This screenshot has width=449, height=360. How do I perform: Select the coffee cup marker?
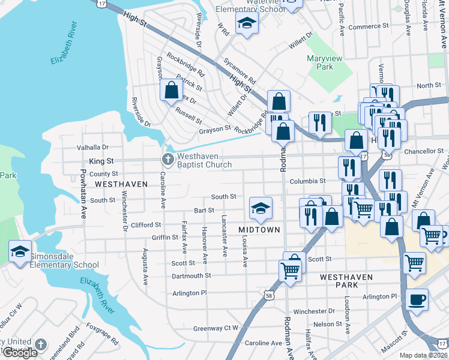coord(417,299)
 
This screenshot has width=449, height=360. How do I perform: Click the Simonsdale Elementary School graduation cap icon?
coord(20,251)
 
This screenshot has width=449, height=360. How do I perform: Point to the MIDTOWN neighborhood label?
coord(259,230)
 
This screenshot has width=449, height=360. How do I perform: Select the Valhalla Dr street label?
coord(92,147)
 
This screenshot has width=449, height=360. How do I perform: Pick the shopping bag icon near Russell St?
coord(172,91)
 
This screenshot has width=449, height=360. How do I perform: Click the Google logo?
coord(19,353)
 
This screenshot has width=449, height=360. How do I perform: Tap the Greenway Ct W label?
coord(215,328)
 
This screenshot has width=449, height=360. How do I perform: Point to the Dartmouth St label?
coord(191,275)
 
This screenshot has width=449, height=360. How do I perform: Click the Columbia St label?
coord(307,181)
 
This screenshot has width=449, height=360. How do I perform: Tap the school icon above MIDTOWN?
coord(261,208)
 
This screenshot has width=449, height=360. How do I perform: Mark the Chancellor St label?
coord(423,151)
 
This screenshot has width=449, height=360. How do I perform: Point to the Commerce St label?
coord(369,27)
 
